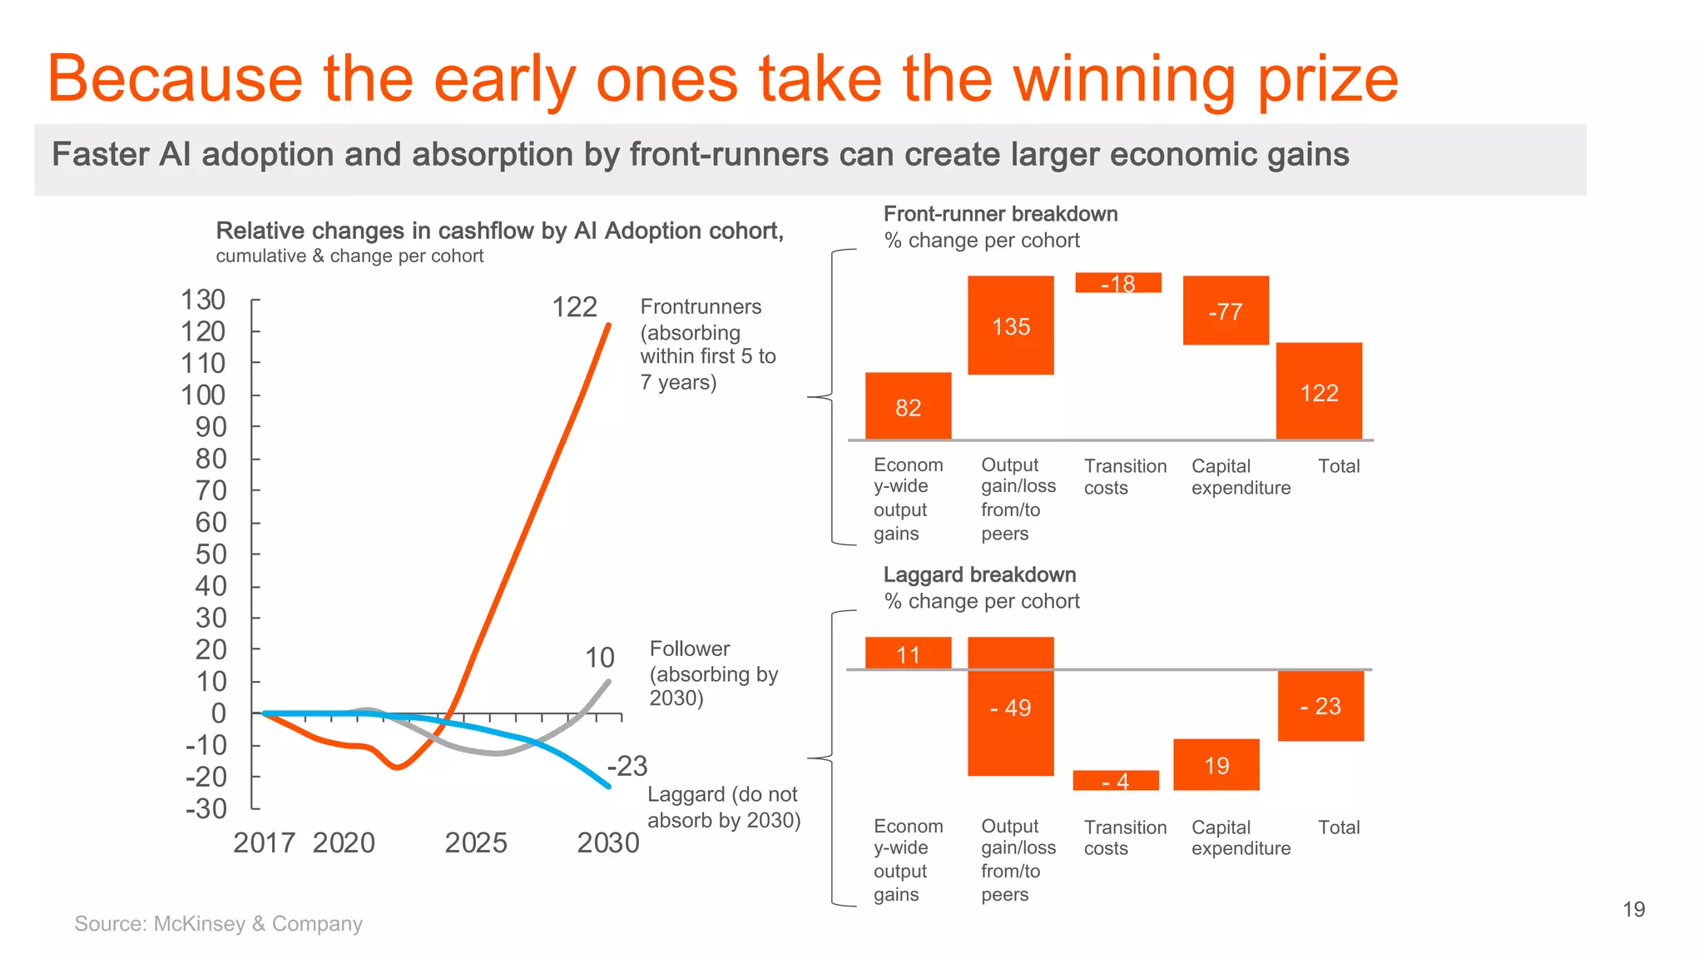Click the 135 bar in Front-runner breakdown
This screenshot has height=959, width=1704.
1010,325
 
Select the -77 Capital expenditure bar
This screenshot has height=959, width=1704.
1226,311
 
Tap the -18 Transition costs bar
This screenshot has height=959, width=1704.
1117,283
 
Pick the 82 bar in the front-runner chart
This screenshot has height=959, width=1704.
908,406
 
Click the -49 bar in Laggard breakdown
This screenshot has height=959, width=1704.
1010,707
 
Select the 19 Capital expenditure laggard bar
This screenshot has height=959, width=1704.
1216,765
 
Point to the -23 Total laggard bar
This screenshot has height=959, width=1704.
1320,706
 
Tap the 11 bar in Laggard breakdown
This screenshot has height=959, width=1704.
908,654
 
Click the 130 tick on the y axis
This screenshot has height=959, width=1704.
203,300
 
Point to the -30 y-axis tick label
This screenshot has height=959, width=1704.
206,808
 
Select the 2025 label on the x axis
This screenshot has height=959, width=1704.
475,842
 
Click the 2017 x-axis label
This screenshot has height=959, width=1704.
264,842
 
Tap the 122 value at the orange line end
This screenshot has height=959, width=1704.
574,307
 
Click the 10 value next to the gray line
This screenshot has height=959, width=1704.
599,658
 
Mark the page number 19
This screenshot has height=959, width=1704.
1633,909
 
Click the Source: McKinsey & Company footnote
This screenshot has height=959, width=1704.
218,923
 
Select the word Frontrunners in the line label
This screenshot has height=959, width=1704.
701,306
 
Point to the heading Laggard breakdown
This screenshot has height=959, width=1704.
979,574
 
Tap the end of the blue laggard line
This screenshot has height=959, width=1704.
608,786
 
